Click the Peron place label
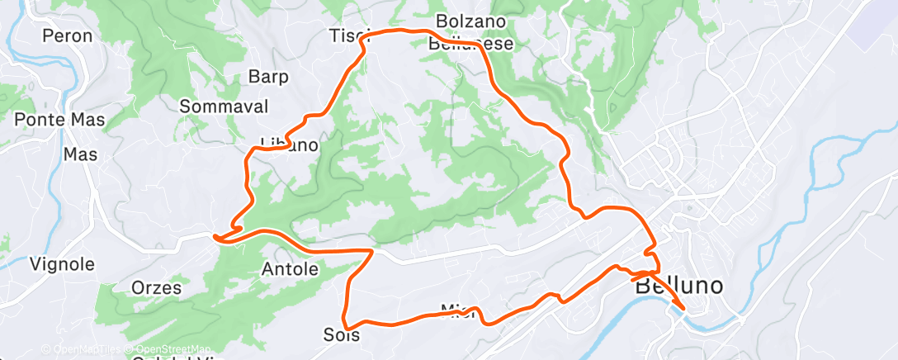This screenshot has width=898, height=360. pyautogui.click(x=67, y=36)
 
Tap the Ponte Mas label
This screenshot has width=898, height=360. pyautogui.click(x=59, y=120)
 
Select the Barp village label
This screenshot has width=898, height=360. pyautogui.click(x=268, y=78)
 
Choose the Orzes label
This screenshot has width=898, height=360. pyautogui.click(x=155, y=288)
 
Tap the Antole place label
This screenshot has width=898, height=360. pyautogui.click(x=290, y=269)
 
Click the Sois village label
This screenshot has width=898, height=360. pyautogui.click(x=343, y=336)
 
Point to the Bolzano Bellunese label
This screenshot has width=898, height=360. pyautogui.click(x=471, y=31)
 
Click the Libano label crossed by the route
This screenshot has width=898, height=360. pyautogui.click(x=289, y=145)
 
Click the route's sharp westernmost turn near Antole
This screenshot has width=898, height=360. pyautogui.click(x=215, y=238)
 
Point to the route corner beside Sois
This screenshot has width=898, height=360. pyautogui.click(x=348, y=324)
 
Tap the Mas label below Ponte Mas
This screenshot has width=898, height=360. pyautogui.click(x=81, y=154)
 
